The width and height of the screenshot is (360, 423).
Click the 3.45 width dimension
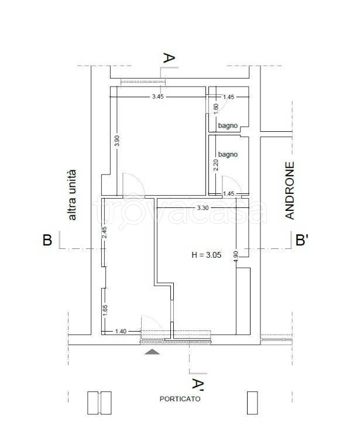[158, 97]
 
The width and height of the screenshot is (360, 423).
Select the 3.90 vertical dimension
[116, 141]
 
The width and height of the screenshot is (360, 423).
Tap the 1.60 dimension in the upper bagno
[216, 109]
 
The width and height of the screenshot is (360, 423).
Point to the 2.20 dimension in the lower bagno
[216, 165]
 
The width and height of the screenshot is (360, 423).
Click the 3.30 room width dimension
[203, 208]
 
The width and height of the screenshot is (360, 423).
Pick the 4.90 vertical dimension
[236, 257]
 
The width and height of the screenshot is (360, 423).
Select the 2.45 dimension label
[105, 232]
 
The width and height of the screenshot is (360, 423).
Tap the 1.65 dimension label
[105, 311]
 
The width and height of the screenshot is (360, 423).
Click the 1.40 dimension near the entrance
[121, 331]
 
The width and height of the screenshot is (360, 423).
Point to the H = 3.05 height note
[207, 255]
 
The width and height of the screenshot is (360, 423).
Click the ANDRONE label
[290, 190]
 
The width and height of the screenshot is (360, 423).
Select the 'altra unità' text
[72, 195]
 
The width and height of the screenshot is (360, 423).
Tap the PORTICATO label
[180, 399]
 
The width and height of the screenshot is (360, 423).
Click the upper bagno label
[228, 126]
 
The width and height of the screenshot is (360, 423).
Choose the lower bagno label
[228, 155]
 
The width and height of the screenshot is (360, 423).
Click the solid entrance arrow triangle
[152, 352]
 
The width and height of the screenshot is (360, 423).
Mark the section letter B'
[302, 240]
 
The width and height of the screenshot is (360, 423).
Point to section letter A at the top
[169, 58]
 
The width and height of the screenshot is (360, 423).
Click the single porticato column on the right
[252, 402]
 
